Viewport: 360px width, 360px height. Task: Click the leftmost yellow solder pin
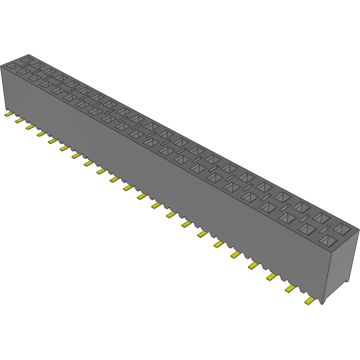pos(8,114)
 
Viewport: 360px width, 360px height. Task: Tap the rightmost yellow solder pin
pos(310,301)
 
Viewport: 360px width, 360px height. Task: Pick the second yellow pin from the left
pos(19,120)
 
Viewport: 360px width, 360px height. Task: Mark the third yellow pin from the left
pos(30,126)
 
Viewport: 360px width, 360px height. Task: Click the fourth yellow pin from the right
pos(253,265)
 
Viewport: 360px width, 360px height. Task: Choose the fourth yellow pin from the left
pos(41,133)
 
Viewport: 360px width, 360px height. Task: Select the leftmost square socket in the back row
pos(27,60)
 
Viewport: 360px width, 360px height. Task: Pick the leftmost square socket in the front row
pos(11,66)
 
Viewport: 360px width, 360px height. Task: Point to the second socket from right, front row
pos(307,229)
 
